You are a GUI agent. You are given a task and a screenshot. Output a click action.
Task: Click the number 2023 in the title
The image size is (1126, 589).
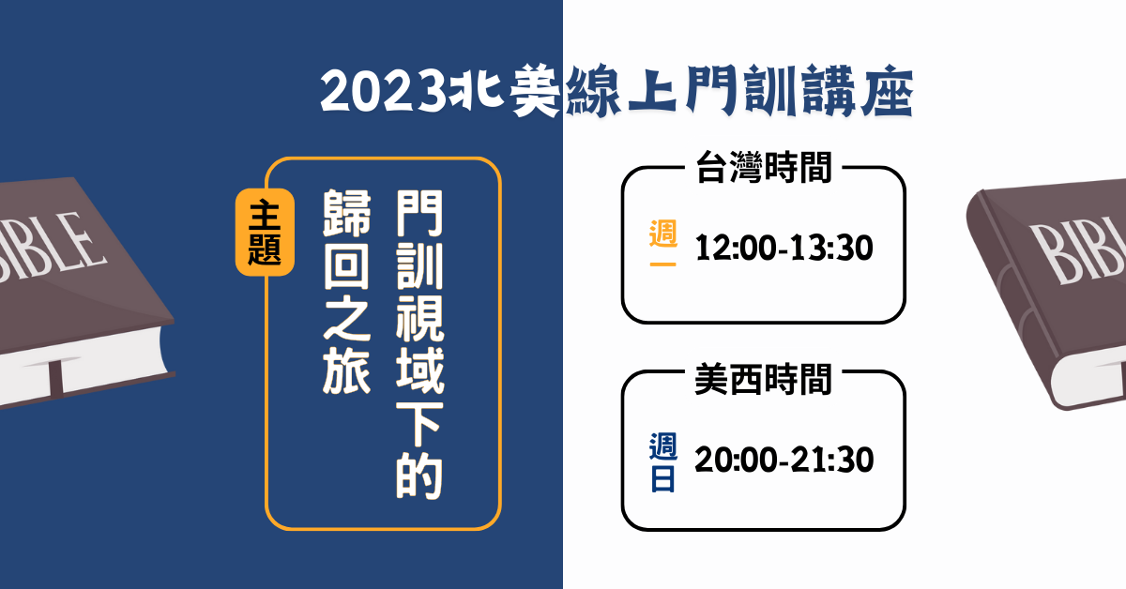383,92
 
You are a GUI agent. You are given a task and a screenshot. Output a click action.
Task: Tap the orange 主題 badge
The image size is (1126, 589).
265,233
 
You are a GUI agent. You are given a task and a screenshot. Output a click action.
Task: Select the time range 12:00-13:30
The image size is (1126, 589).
784,248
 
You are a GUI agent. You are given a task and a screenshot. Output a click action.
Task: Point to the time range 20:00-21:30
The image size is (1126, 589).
784,460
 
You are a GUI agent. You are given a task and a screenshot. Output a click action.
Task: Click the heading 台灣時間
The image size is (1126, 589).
764,167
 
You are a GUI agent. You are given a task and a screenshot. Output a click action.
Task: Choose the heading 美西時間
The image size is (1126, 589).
764,380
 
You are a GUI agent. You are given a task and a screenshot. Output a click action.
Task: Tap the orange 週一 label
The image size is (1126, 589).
663,243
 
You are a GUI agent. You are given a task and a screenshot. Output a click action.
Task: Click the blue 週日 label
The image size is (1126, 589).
663,461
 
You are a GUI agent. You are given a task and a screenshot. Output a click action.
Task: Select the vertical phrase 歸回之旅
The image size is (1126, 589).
347,292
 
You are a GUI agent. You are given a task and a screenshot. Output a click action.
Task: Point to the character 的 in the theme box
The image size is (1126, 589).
419,476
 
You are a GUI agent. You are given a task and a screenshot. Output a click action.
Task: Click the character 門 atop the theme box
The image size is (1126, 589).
419,213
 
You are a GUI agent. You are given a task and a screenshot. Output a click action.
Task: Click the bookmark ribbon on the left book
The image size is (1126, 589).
55,378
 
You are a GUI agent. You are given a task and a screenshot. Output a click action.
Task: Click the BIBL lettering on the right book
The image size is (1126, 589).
1078,251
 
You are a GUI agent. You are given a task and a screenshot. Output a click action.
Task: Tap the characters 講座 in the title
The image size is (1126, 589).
858,92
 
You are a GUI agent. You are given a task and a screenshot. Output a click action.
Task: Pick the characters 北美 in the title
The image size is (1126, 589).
505,90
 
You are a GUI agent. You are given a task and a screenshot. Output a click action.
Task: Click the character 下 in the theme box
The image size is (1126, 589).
419,424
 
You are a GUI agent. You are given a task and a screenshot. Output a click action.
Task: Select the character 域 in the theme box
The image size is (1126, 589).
419,370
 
